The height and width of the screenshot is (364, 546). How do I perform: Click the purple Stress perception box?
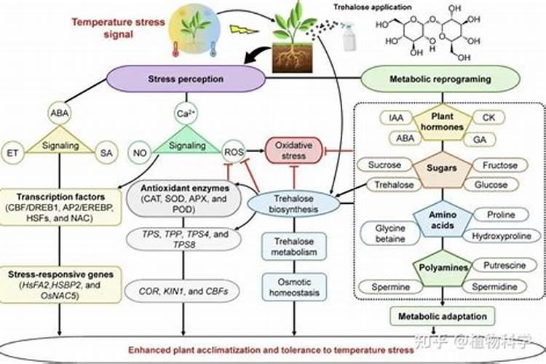[x=186, y=79]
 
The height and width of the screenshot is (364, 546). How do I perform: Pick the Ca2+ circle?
[x=184, y=114]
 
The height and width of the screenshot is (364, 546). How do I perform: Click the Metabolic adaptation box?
[x=443, y=317]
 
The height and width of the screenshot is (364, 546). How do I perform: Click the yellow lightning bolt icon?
[x=239, y=31]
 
